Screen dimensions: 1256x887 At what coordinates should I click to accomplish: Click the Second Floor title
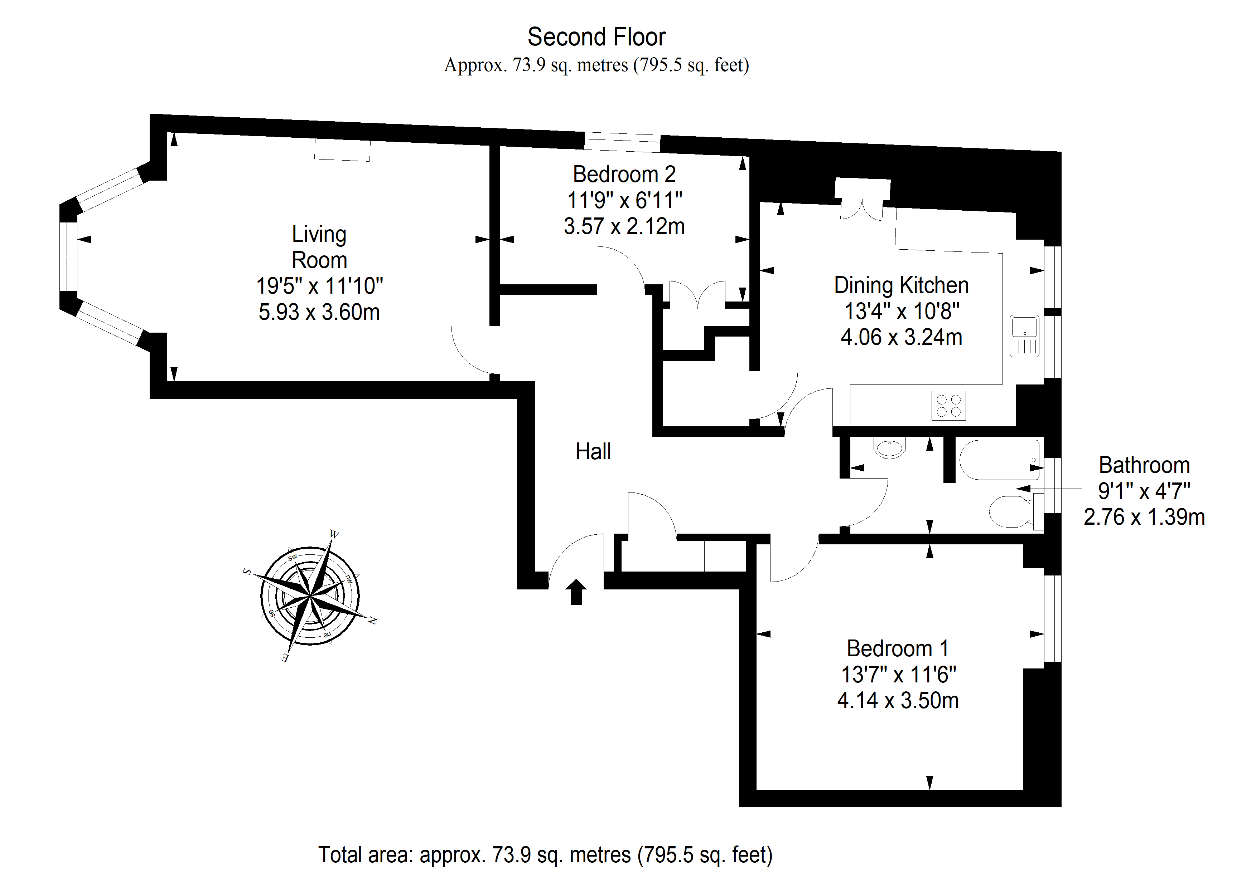tap(596, 37)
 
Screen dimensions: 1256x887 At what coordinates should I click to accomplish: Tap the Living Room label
tap(319, 247)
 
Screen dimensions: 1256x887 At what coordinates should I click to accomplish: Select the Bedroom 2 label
tap(624, 174)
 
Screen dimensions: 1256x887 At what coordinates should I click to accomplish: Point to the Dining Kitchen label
tap(901, 285)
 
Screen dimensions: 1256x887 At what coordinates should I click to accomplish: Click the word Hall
tap(594, 451)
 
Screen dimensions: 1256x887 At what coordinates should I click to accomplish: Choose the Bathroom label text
tap(1144, 465)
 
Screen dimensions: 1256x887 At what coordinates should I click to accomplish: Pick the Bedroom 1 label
tap(898, 649)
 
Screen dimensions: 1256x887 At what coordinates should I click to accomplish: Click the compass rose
tap(310, 596)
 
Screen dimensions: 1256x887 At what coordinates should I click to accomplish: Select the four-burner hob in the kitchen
tap(948, 406)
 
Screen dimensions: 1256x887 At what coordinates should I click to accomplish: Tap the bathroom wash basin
tap(890, 447)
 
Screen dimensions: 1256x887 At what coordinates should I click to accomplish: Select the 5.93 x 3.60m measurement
tap(319, 312)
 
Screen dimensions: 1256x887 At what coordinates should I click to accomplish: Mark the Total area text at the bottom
tap(545, 855)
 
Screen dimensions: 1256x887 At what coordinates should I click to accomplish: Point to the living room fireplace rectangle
tap(342, 150)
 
